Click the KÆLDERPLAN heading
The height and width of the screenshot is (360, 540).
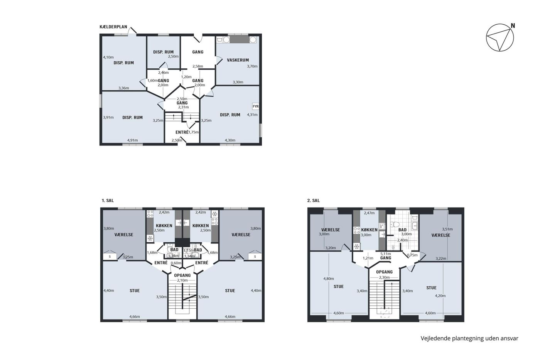click(x=113, y=27)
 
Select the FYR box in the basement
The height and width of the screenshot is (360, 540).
click(x=255, y=106)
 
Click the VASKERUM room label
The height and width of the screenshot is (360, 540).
click(x=238, y=60)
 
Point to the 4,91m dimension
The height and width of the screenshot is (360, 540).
click(x=133, y=140)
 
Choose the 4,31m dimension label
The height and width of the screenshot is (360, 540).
click(x=252, y=115)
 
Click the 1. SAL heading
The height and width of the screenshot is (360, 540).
click(x=108, y=200)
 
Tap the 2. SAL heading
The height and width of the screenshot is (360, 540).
click(x=313, y=200)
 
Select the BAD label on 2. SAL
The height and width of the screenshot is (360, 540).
click(x=402, y=230)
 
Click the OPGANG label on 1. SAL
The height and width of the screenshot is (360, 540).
click(x=182, y=275)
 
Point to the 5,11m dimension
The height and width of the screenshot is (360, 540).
click(x=386, y=254)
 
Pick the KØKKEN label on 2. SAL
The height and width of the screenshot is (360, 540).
click(x=369, y=230)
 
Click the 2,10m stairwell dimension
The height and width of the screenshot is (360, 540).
click(x=182, y=280)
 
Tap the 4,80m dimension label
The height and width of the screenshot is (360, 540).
click(x=329, y=279)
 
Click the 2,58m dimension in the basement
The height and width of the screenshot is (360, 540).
click(x=197, y=66)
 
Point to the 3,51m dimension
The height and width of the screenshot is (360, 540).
click(x=447, y=229)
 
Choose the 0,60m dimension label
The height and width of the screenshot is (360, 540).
click(x=176, y=263)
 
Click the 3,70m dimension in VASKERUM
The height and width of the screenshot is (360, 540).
click(x=252, y=66)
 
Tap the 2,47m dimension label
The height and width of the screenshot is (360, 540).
click(x=369, y=213)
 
